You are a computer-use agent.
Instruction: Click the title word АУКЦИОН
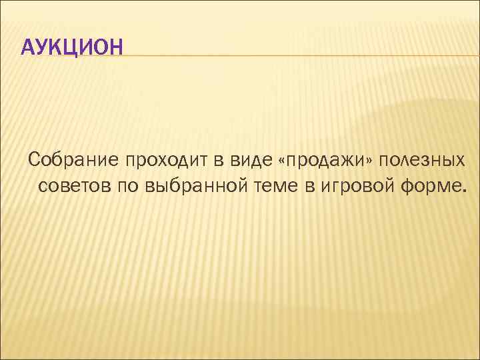(72, 47)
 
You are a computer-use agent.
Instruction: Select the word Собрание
(73, 160)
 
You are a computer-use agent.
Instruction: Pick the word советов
(75, 185)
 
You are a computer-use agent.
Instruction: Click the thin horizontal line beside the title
(300, 55)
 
